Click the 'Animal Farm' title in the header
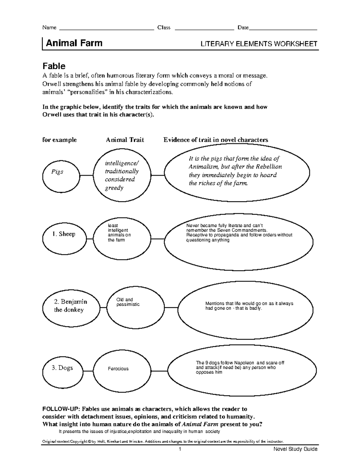[x=74, y=43]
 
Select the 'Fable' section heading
[x=54, y=66]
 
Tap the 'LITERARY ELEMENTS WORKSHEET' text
[x=259, y=44]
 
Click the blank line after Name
[x=107, y=29]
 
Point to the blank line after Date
[x=283, y=29]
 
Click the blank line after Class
[x=204, y=29]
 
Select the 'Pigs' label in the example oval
[x=57, y=172]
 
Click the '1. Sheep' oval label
[x=64, y=234]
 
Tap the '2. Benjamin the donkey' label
[x=70, y=305]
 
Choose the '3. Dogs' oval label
[x=62, y=368]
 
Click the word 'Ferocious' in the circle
[x=118, y=369]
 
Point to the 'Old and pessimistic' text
[x=128, y=302]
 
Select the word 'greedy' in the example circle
[x=114, y=188]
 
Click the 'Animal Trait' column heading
[x=125, y=140]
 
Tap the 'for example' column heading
[x=59, y=140]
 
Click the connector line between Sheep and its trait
[x=90, y=239]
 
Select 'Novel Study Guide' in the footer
[x=295, y=449]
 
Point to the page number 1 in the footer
[x=180, y=449]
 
